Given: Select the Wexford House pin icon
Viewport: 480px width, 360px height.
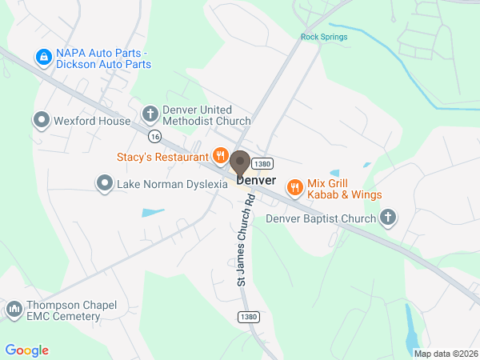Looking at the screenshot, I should coord(41,121).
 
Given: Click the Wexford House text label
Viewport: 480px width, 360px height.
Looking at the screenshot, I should coord(91,122).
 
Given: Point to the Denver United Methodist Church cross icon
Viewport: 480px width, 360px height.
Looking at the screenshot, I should coord(149,114).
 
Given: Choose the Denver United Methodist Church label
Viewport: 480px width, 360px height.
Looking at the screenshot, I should coord(206,115).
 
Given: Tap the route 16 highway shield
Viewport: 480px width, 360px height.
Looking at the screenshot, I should coord(154,136).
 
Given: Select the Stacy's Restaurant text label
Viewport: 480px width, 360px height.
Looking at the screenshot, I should coord(163,157).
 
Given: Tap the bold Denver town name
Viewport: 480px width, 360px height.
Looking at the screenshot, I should coord(256,181).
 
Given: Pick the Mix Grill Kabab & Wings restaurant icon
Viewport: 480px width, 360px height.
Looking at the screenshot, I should coord(294,187).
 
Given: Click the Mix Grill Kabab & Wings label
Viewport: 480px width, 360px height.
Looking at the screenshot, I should coord(345,189).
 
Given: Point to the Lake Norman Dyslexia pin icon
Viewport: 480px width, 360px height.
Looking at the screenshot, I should coord(104,184).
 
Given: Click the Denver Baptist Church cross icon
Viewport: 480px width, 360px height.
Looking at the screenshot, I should coord(388,218).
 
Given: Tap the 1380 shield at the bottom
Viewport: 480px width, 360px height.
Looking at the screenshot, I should coord(248,318).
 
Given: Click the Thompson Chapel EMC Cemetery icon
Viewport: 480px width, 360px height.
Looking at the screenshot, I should coord(14,310).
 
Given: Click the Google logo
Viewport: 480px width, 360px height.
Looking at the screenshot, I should coord(26,350).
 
